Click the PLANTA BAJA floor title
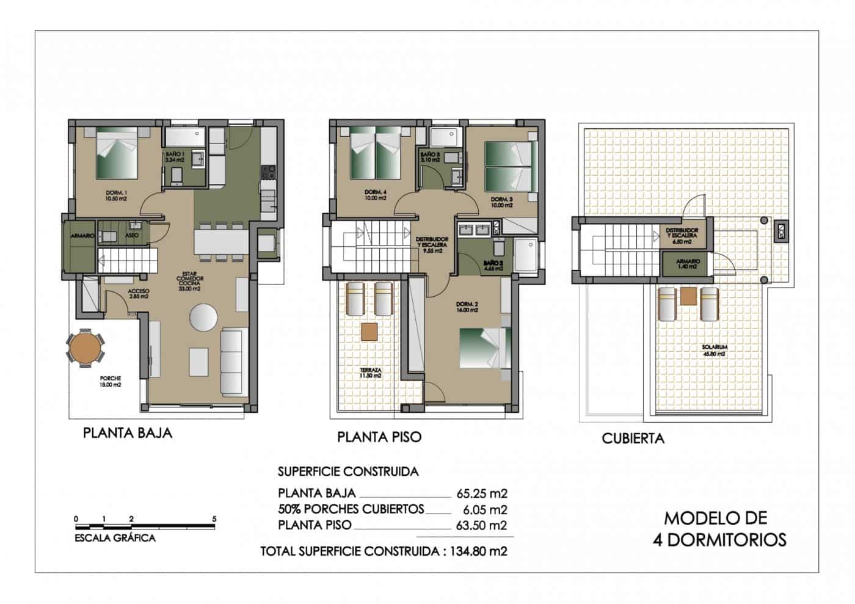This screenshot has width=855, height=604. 128,433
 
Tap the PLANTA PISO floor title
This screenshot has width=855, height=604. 379,437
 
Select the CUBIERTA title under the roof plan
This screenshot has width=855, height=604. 633,438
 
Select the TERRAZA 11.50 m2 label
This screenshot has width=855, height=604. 371,373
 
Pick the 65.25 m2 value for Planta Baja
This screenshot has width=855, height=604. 482,493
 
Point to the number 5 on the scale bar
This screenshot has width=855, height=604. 214,518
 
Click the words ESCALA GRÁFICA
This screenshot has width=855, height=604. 115,538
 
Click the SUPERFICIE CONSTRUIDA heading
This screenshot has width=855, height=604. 348,471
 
